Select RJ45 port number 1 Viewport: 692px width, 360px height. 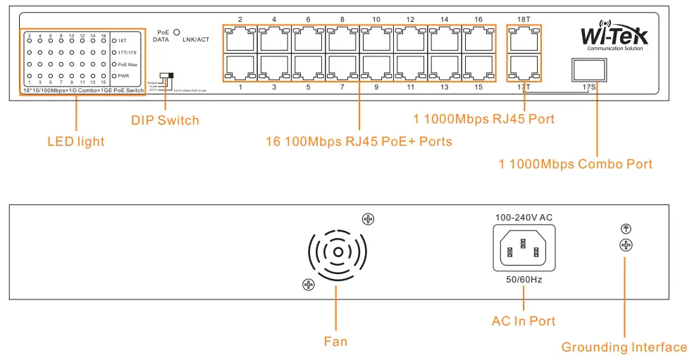(x=240, y=67)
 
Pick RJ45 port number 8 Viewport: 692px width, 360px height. (x=343, y=39)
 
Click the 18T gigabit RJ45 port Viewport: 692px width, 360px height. (x=524, y=39)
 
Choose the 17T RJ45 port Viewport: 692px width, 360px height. (x=524, y=67)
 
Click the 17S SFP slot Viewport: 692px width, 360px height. (x=588, y=70)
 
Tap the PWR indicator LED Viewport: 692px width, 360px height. (x=115, y=76)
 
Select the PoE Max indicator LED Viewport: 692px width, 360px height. (x=115, y=64)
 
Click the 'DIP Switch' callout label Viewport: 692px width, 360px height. (x=165, y=120)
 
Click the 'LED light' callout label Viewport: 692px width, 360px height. (x=75, y=142)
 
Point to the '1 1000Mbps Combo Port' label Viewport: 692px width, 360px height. (x=575, y=164)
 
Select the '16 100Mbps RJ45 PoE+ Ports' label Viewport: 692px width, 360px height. (x=359, y=142)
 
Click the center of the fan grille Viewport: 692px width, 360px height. (x=338, y=252)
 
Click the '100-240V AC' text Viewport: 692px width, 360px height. (x=524, y=218)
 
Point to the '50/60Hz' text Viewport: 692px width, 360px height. (x=524, y=280)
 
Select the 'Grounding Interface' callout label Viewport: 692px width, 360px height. (x=624, y=347)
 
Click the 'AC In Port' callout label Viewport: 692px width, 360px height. (x=524, y=321)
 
